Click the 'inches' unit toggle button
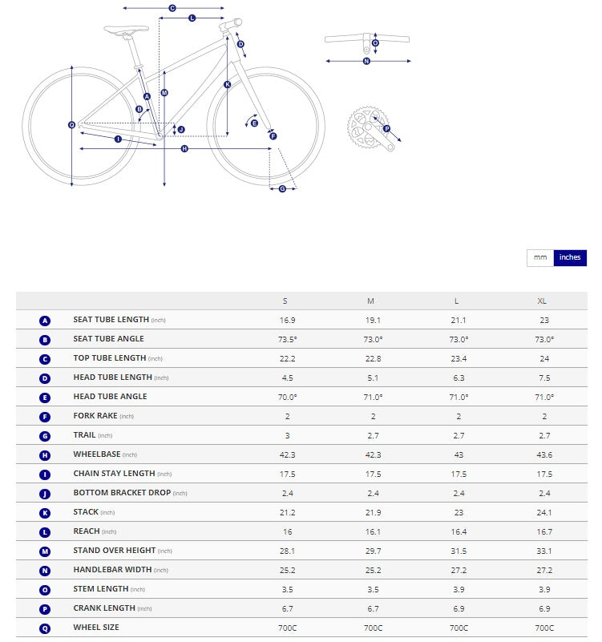[x=570, y=257]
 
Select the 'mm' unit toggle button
[x=540, y=257]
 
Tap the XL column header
[x=542, y=301]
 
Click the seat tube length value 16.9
[x=286, y=320]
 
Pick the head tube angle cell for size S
[x=286, y=397]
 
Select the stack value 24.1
[x=544, y=512]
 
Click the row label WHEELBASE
[x=96, y=454]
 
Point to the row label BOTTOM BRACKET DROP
[x=122, y=493]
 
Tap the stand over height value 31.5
[x=457, y=551]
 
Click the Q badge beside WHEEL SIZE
[x=45, y=628]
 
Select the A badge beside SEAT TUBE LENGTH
[x=45, y=321]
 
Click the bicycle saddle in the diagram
[x=127, y=31]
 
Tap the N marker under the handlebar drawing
[x=367, y=61]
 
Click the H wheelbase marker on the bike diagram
[x=184, y=149]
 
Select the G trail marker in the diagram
[x=282, y=188]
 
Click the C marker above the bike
[x=172, y=8]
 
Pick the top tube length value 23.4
[x=457, y=358]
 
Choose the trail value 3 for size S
[x=286, y=435]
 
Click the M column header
[x=370, y=301]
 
